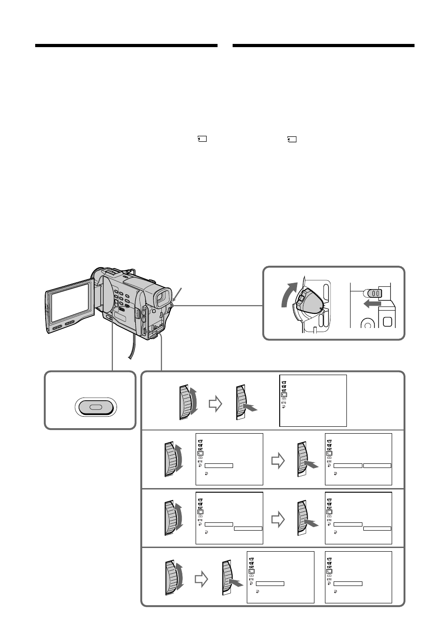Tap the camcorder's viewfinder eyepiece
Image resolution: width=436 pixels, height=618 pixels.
tap(163, 297)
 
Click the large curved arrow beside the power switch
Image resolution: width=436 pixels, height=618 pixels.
tap(289, 294)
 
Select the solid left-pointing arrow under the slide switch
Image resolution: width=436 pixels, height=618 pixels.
tap(372, 304)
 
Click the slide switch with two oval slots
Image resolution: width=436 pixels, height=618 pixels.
tap(373, 293)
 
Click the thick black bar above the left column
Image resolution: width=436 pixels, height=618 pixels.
tap(126, 46)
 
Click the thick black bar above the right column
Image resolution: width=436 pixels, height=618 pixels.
tap(324, 46)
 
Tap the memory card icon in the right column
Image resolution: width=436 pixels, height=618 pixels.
tap(292, 139)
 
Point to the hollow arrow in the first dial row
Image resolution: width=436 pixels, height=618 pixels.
tap(215, 404)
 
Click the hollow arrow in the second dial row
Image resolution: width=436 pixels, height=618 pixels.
tap(278, 461)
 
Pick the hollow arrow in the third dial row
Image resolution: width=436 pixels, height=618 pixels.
tap(278, 520)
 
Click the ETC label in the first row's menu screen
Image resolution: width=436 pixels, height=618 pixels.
tap(284, 403)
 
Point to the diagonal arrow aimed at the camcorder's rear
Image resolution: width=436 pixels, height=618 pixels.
tap(176, 296)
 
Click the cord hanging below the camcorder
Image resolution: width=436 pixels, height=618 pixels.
tap(132, 346)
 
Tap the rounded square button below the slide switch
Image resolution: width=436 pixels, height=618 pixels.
tap(387, 322)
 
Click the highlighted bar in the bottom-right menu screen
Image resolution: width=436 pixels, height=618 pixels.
tap(348, 584)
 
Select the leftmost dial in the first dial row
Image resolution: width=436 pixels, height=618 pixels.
tap(188, 403)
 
